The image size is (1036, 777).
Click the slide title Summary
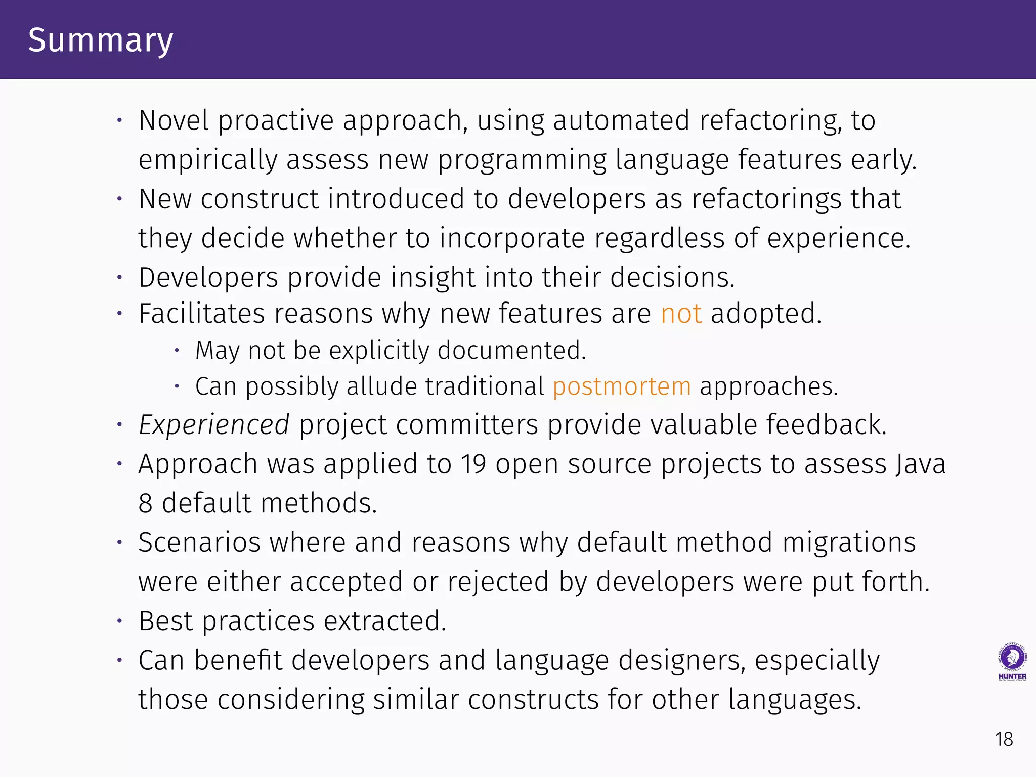(x=100, y=40)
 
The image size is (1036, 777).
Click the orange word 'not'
(x=681, y=314)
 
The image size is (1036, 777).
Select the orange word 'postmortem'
(x=622, y=387)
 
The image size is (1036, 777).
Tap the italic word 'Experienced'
(x=214, y=424)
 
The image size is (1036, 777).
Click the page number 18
(x=1004, y=740)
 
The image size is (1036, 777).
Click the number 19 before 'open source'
(x=473, y=464)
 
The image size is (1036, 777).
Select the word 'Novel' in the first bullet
(x=174, y=121)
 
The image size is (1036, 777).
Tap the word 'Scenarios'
(x=199, y=543)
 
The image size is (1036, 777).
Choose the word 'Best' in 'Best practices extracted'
(x=165, y=621)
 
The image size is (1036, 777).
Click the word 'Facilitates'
(x=201, y=314)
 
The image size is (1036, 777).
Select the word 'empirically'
(x=207, y=160)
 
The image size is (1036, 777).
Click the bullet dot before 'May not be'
(x=177, y=350)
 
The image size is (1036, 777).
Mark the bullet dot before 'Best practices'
(x=120, y=621)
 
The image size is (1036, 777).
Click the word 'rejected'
(x=498, y=582)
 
